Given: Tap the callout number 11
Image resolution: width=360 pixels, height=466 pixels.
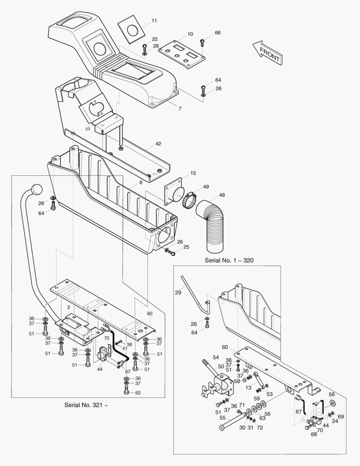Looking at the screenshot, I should (154, 21).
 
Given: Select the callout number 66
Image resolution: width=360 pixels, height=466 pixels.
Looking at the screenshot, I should (218, 33).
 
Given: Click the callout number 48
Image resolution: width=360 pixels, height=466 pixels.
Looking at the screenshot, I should (222, 195).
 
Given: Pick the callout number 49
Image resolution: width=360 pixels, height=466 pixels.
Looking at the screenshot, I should (206, 187).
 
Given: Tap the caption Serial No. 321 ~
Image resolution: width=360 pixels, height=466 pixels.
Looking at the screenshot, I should (86, 405).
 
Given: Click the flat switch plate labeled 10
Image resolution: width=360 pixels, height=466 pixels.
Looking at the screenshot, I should (182, 54).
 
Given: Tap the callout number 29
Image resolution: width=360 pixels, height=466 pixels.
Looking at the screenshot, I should (178, 293).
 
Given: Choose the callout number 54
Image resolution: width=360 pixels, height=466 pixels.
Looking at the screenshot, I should (216, 358).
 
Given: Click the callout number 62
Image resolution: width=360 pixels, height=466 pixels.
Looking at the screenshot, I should (138, 393).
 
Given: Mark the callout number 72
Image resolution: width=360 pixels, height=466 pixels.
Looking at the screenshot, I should (260, 427).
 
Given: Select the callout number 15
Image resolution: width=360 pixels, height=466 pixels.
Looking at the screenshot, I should (193, 173).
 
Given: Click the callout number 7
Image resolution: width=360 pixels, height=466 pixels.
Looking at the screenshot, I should (180, 108).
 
